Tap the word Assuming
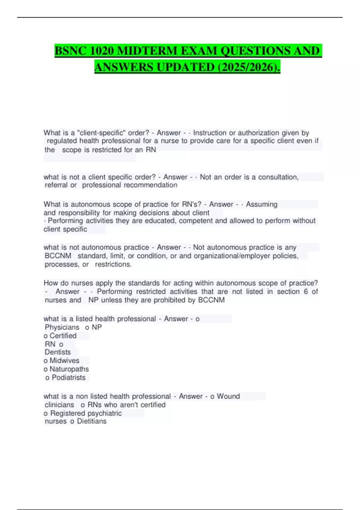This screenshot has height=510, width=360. click(x=262, y=204)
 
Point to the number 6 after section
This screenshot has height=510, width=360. click(x=305, y=292)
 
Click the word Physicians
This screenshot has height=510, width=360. click(x=62, y=327)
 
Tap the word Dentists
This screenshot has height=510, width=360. click(x=58, y=352)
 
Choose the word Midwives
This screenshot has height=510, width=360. click(x=64, y=361)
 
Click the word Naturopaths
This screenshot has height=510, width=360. click(x=69, y=369)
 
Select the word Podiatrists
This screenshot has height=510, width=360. click(x=68, y=377)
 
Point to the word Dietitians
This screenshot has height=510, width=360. click(x=91, y=421)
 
